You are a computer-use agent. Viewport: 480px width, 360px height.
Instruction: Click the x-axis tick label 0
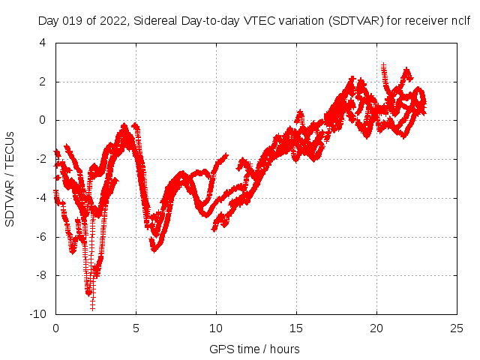pos(55,328)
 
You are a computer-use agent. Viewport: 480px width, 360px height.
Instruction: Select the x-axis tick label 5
pos(136,328)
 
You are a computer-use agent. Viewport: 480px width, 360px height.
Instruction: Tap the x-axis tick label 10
pos(216,328)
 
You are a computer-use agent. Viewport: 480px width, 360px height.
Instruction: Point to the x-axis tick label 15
pos(296,328)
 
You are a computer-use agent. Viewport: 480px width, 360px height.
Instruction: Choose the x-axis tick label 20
pos(376,328)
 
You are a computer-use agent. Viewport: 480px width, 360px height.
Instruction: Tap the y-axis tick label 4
pos(42,43)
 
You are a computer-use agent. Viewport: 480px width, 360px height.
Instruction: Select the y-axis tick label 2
pos(42,82)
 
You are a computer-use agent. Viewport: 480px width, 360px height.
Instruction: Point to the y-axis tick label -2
pos(40,159)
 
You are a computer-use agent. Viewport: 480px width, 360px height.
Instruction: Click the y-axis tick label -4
pos(40,198)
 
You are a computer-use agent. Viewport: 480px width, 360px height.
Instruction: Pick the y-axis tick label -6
pos(40,237)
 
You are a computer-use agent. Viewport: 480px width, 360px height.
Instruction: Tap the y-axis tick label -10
pos(37,314)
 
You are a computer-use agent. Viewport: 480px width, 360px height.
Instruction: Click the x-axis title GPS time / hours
pos(254,349)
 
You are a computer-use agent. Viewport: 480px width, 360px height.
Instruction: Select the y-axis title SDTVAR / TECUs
pos(10,178)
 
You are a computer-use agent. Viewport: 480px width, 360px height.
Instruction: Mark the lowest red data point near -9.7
pos(92,307)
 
